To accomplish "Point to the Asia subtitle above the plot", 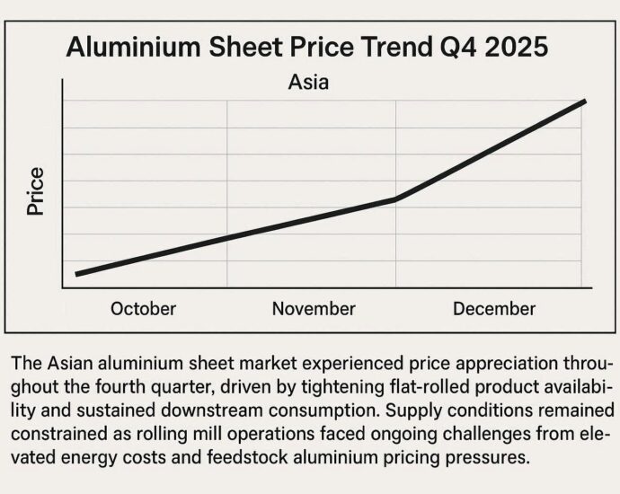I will [x=308, y=84].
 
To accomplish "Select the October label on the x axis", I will [x=143, y=309].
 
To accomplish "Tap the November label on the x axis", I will [x=314, y=309].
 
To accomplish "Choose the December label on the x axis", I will [x=493, y=309].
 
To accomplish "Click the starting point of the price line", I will [x=77, y=274].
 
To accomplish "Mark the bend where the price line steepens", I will [x=396, y=199].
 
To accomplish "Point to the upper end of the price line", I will [x=585, y=101].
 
